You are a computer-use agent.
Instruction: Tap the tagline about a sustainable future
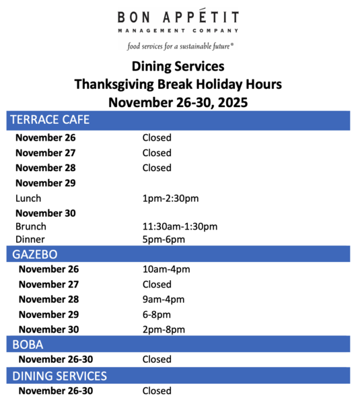180,46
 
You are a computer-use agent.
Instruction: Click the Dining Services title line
178,66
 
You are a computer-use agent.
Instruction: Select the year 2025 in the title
233,102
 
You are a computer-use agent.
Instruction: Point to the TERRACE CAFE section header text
50,120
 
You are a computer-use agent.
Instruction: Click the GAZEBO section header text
35,255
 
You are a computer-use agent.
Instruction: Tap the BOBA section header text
28,345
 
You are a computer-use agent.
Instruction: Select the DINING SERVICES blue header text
59,376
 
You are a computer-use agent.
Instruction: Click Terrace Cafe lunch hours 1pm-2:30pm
170,199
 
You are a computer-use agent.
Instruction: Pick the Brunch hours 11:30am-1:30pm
180,226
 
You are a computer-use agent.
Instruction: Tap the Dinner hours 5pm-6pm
164,239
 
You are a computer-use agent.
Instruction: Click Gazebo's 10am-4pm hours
166,269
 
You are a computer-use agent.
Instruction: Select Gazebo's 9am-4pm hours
164,300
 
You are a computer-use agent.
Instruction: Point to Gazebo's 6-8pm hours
157,314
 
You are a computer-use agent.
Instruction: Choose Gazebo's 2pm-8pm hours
164,329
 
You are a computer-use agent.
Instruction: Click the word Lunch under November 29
28,199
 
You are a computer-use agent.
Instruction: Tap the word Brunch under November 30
31,226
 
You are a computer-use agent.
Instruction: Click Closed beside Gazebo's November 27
157,284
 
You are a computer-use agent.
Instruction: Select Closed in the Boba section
157,360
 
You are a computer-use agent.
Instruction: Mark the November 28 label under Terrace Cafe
46,168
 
